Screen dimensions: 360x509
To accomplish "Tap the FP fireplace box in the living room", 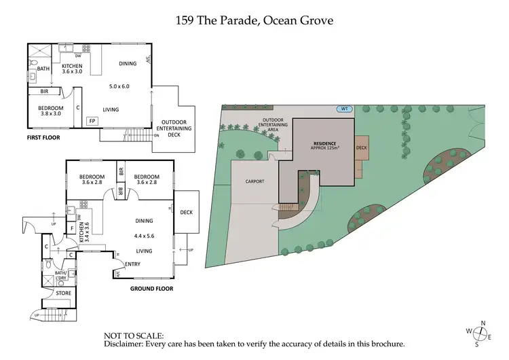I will point(92,121).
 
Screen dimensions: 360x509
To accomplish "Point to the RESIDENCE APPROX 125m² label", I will point(324,147).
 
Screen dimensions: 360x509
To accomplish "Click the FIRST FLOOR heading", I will point(43,137).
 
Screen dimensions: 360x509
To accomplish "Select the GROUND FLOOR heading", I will point(151,288).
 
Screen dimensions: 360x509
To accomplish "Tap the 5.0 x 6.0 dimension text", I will point(119,86).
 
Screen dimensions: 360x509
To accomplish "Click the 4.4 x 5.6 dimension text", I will point(144,236).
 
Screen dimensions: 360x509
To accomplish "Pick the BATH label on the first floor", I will point(43,69).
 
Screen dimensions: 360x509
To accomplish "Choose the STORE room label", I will point(63,293).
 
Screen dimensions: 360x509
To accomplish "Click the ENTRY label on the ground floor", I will point(132,264).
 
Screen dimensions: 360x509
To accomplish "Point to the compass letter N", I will point(483,323).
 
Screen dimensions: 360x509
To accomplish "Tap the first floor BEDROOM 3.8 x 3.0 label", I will point(51,111).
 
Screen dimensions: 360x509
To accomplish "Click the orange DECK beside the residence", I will point(362,147).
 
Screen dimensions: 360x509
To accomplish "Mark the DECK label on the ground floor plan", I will point(187,212).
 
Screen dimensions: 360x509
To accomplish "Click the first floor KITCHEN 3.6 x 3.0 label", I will point(72,68).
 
